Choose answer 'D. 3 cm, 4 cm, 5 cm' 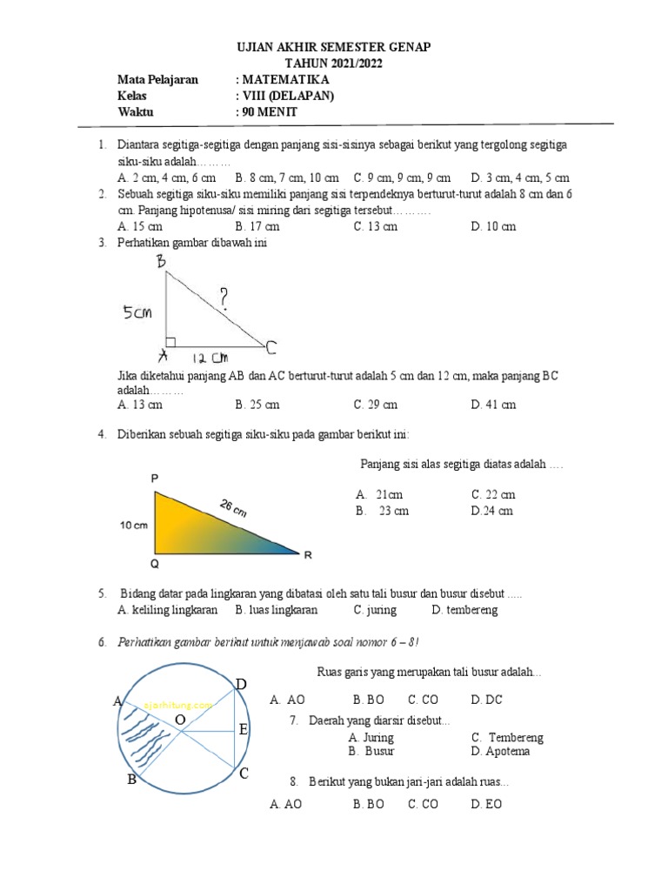[x=520, y=178]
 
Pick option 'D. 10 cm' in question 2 [x=493, y=226]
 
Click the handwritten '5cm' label [x=137, y=312]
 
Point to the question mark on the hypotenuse [x=225, y=298]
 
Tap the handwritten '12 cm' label [x=209, y=358]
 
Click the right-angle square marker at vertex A [x=170, y=342]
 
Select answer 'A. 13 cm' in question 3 [x=140, y=404]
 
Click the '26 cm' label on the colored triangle [x=233, y=508]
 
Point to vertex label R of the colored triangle [x=307, y=554]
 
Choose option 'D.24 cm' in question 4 [x=492, y=511]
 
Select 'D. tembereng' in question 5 [x=464, y=610]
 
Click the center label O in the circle [x=179, y=720]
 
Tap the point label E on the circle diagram [x=244, y=729]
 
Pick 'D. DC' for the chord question [x=486, y=700]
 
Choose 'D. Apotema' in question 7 [x=501, y=751]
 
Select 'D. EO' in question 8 [x=486, y=805]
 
